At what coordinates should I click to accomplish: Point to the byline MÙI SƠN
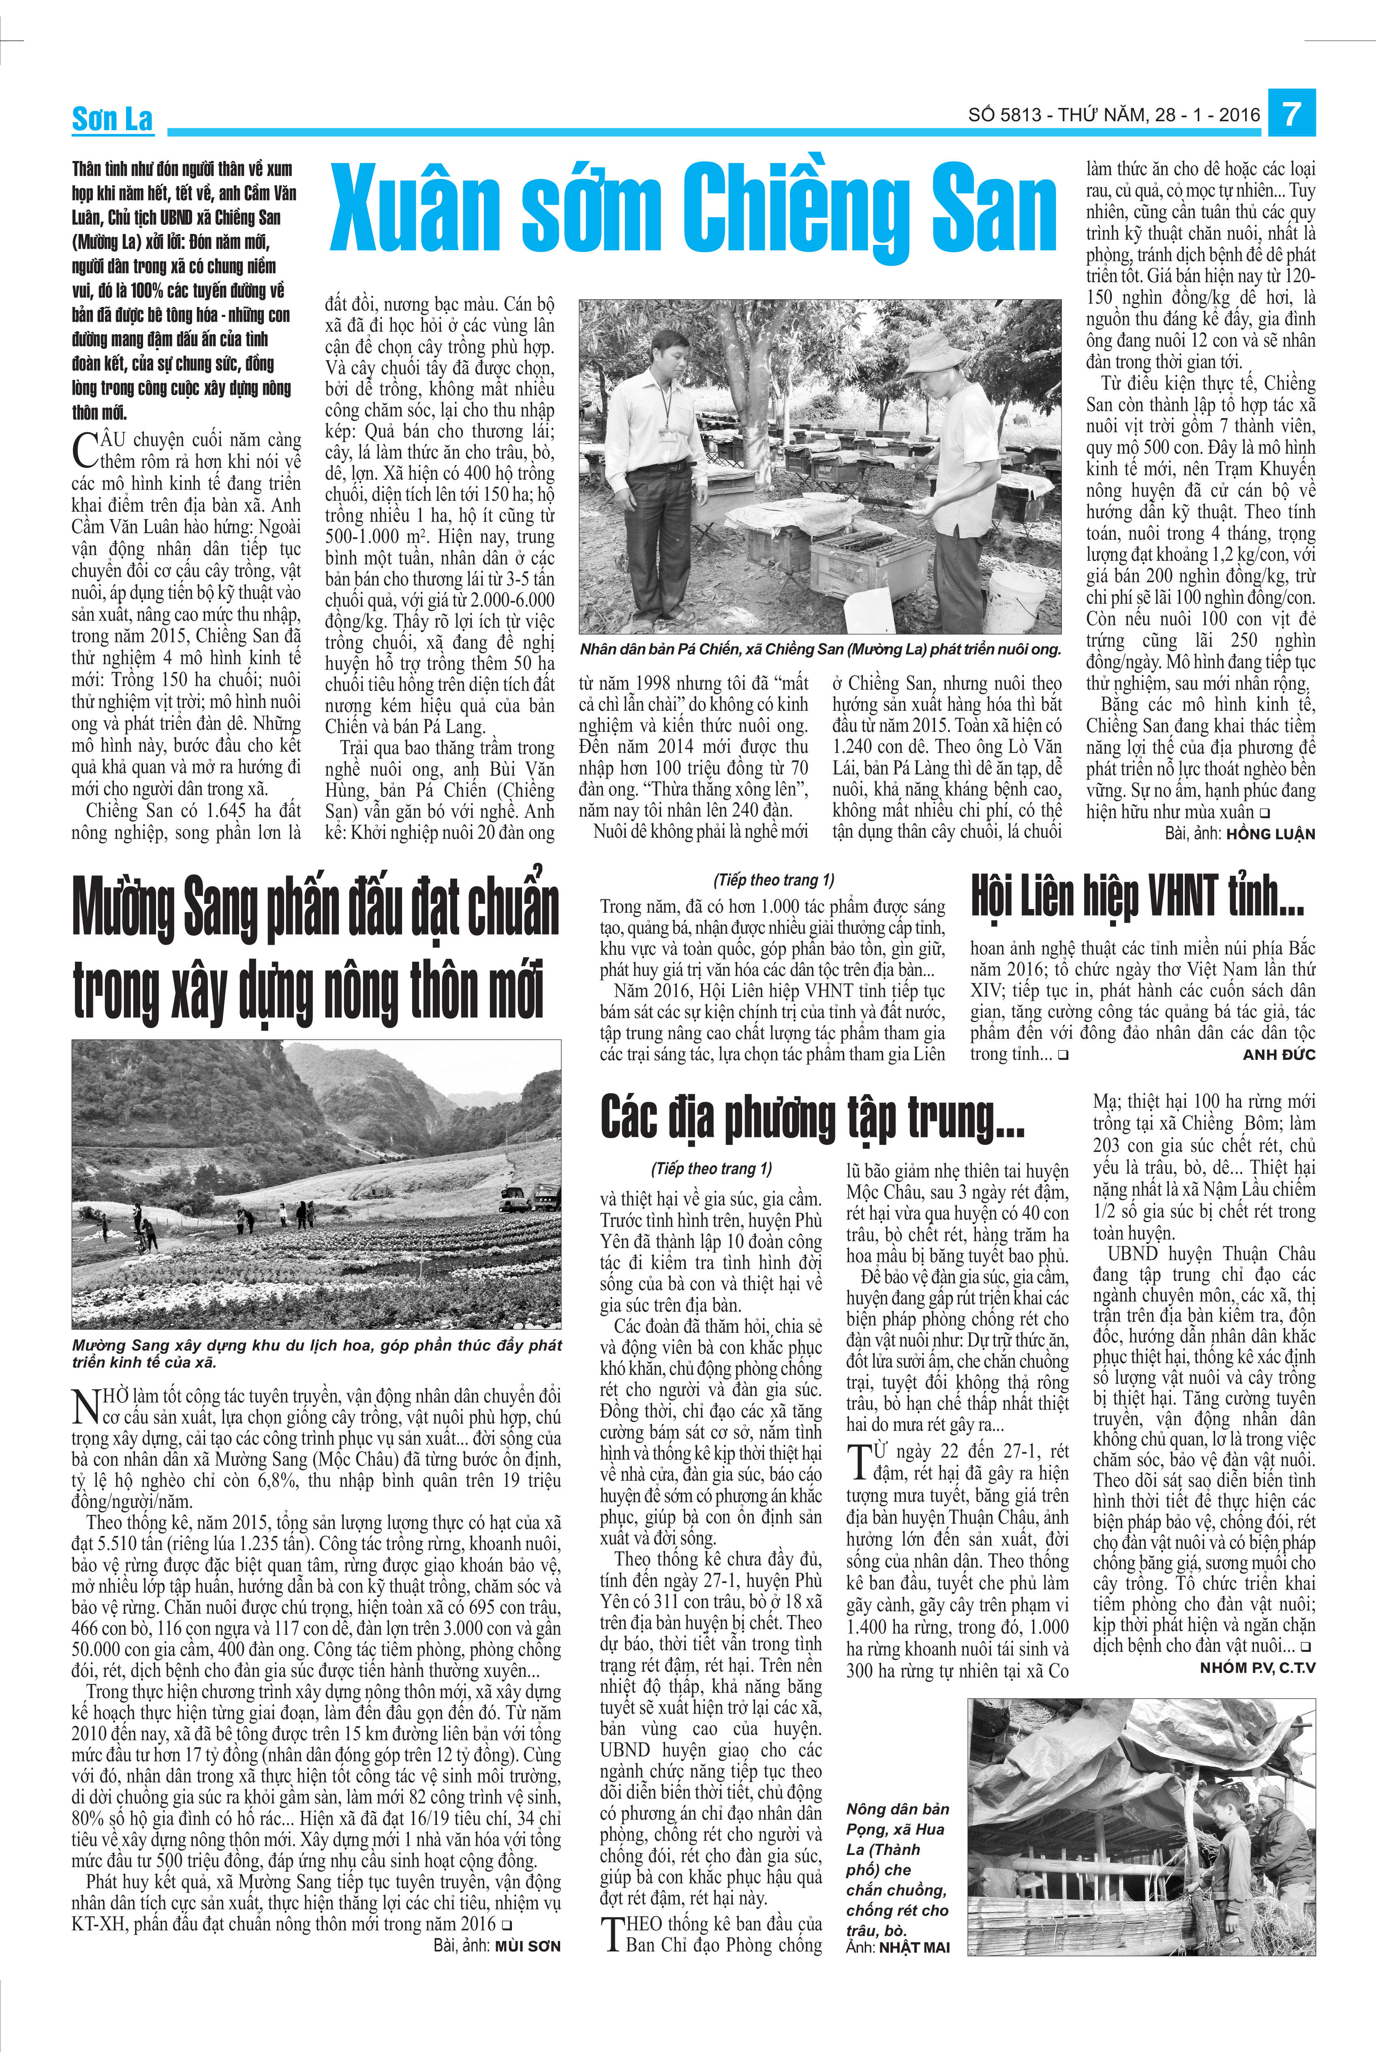click(x=526, y=1946)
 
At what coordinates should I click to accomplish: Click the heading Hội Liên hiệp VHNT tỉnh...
click(x=1136, y=897)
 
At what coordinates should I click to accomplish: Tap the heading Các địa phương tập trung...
click(x=812, y=1119)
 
